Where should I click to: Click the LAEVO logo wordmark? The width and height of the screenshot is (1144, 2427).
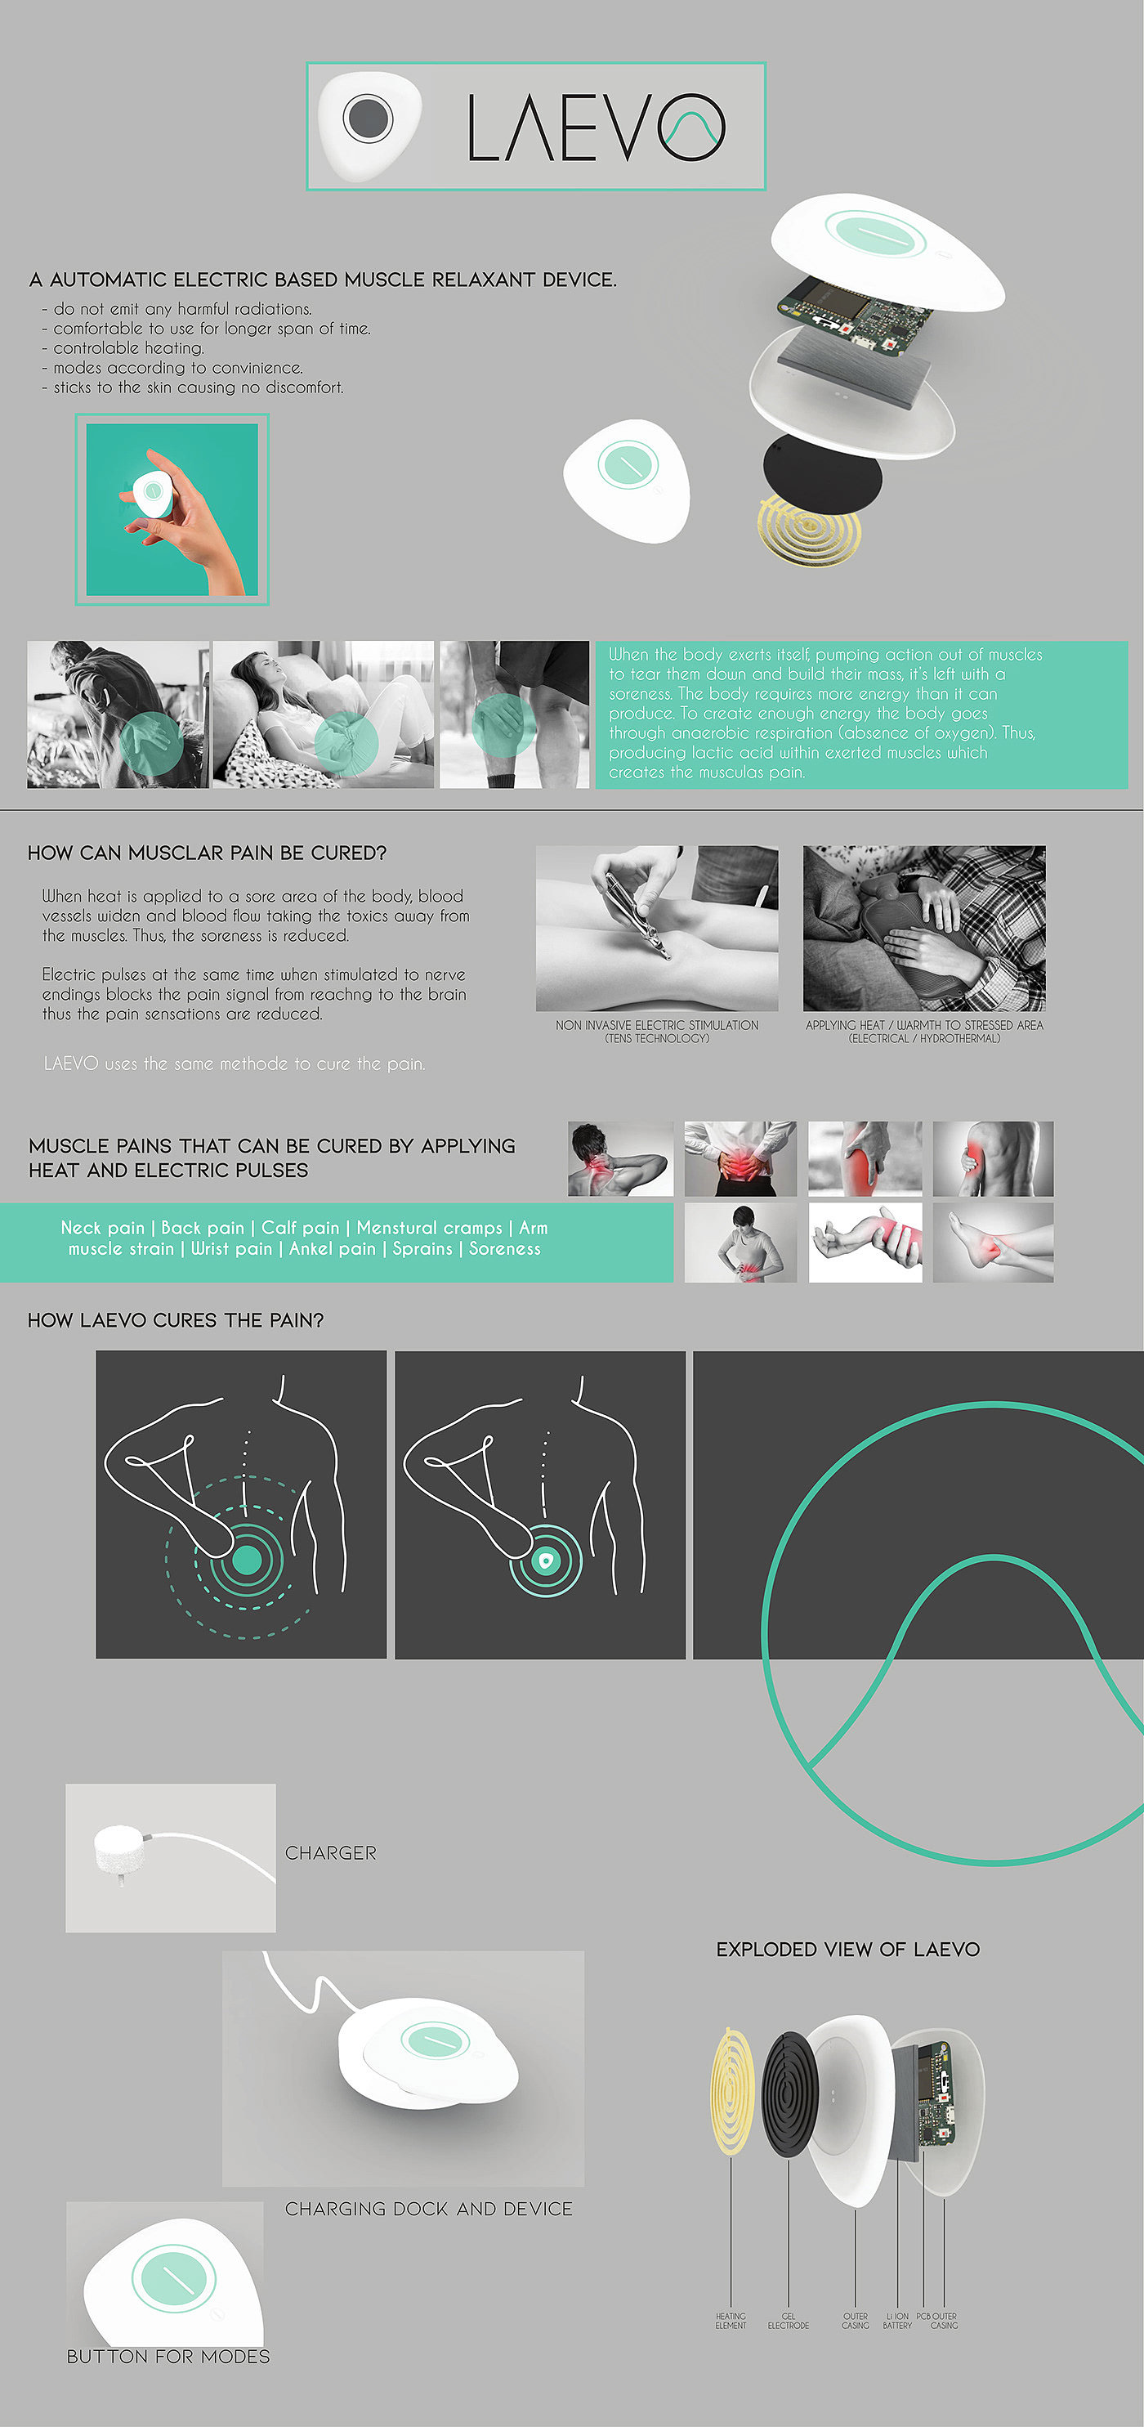(595, 128)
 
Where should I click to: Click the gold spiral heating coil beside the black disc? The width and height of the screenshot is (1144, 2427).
(809, 531)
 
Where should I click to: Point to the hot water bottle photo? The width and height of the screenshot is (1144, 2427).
(923, 928)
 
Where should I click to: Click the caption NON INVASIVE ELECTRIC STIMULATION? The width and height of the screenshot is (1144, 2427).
(656, 1025)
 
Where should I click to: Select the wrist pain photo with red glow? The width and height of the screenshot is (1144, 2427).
(865, 1242)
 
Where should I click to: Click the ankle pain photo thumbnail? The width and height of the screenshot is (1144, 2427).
(992, 1242)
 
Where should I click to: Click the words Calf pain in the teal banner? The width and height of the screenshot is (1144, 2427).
(299, 1228)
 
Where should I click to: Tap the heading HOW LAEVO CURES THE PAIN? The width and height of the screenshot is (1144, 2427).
(175, 1320)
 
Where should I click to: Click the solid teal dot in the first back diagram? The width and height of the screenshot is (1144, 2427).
(247, 1561)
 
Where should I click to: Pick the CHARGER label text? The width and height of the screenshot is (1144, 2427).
(330, 1852)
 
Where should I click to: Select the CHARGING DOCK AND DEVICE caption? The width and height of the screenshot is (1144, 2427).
(428, 2209)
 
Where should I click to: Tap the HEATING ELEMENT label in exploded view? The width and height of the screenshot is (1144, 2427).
(730, 2321)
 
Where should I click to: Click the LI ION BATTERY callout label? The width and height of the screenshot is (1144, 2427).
(896, 2321)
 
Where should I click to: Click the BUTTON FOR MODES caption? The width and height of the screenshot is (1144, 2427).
(168, 2357)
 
